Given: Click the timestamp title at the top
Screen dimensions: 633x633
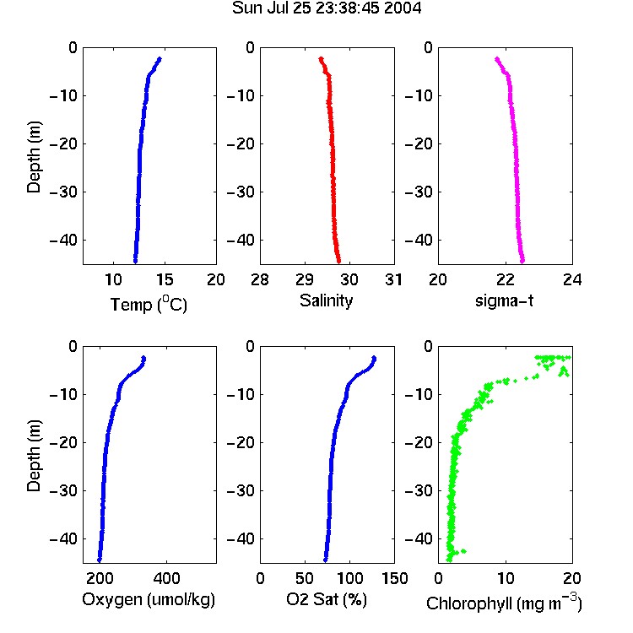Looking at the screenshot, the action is click(x=326, y=8).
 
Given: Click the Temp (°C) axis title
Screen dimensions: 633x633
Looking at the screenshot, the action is click(x=149, y=304).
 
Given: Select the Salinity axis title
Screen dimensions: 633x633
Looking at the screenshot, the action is click(x=326, y=300).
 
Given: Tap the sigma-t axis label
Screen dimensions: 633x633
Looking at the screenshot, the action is click(x=504, y=300).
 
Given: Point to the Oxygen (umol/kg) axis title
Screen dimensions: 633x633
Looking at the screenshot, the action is click(x=149, y=599).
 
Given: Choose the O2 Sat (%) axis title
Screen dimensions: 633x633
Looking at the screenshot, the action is click(x=326, y=599).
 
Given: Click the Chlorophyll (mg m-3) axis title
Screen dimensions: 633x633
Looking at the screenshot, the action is click(x=504, y=603).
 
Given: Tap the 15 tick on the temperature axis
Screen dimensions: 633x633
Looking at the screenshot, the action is click(x=165, y=279).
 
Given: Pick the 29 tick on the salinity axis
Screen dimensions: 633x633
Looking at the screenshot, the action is click(x=305, y=279).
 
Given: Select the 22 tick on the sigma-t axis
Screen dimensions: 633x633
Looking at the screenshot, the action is click(x=505, y=279).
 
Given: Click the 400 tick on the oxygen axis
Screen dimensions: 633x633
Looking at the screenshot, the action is click(x=166, y=578).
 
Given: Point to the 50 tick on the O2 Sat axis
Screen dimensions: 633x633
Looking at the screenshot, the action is click(x=305, y=578).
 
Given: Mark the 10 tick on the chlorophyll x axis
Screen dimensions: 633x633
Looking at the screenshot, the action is click(x=506, y=578).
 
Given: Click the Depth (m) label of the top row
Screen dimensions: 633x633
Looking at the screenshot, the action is click(x=34, y=157).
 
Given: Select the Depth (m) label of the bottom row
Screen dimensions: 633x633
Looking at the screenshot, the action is click(x=34, y=456).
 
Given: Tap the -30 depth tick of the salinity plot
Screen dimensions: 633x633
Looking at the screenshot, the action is click(x=241, y=192).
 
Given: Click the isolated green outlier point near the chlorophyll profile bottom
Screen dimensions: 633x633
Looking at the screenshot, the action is click(x=464, y=551).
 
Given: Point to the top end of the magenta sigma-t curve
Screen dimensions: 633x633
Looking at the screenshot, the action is click(x=497, y=59).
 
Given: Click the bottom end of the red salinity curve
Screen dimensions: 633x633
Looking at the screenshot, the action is click(x=338, y=261).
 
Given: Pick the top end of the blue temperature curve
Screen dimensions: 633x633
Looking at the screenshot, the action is click(x=160, y=59).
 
